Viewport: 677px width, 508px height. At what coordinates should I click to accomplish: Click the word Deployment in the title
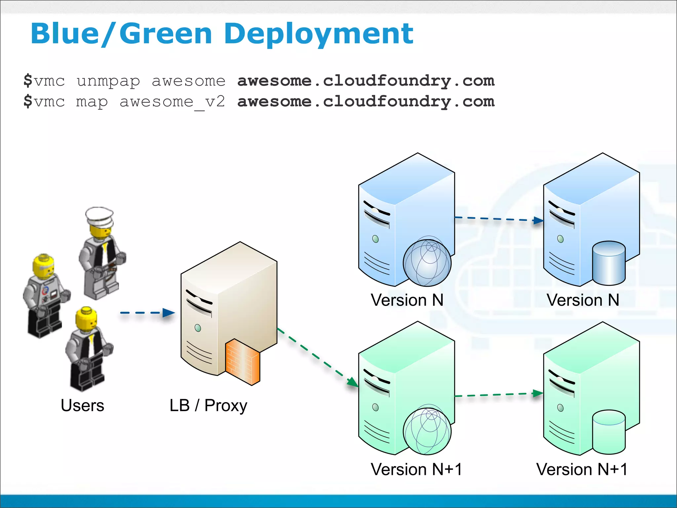click(x=318, y=34)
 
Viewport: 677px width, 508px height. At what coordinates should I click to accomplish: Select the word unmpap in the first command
click(x=108, y=81)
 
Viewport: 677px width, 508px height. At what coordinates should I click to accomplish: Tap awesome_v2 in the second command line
click(x=172, y=102)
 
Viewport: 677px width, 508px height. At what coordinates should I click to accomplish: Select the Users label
click(x=82, y=405)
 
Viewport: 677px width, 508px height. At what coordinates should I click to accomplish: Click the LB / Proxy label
click(x=208, y=406)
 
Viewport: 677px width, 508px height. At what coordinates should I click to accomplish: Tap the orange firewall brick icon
click(x=242, y=362)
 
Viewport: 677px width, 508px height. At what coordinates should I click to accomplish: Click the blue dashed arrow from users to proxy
click(x=147, y=313)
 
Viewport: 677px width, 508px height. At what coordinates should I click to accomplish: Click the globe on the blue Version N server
click(x=427, y=263)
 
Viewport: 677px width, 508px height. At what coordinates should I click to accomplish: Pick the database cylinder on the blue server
click(x=609, y=263)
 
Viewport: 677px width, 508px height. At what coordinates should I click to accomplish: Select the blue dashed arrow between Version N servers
click(x=499, y=219)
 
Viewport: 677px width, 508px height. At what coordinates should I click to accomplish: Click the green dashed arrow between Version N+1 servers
click(x=499, y=395)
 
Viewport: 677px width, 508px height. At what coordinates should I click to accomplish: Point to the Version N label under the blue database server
click(x=583, y=300)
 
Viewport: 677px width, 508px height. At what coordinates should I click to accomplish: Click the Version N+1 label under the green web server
click(x=416, y=469)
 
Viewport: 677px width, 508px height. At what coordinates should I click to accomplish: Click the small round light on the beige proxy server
click(x=198, y=328)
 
